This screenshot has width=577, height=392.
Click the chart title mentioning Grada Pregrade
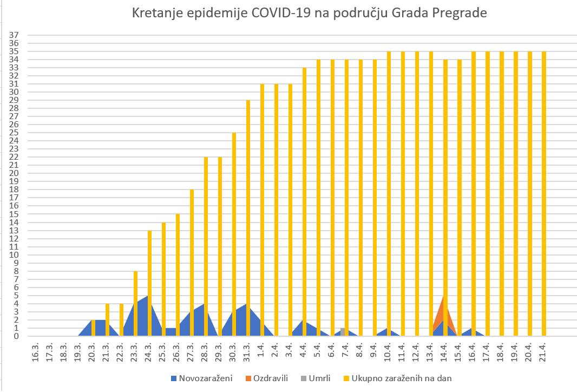310,14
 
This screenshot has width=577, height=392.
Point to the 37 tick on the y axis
15,35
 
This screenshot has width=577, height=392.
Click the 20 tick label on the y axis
15,173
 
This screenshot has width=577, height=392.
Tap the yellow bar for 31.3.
248,217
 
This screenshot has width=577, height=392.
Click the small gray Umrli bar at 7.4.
343,332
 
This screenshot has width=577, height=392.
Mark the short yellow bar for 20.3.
94,328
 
